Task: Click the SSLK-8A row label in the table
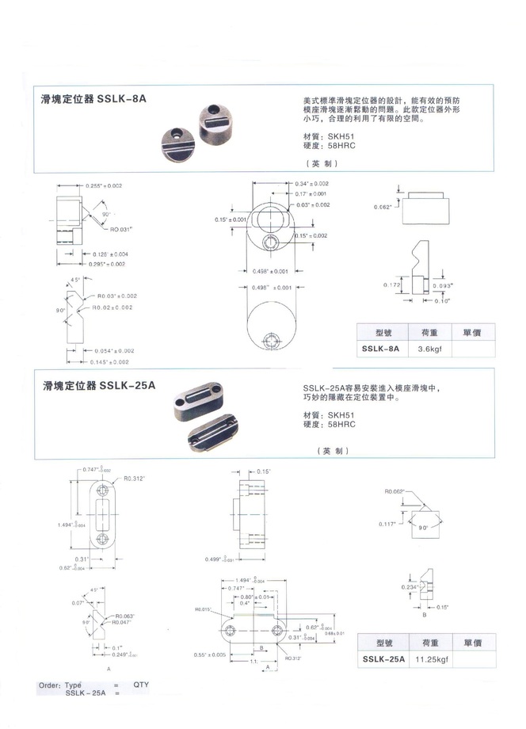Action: pos(380,347)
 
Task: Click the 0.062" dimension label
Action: pos(383,208)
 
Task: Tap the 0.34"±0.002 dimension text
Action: pos(311,183)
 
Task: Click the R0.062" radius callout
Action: pos(394,491)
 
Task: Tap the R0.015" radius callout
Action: pos(205,609)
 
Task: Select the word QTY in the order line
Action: pos(141,684)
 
